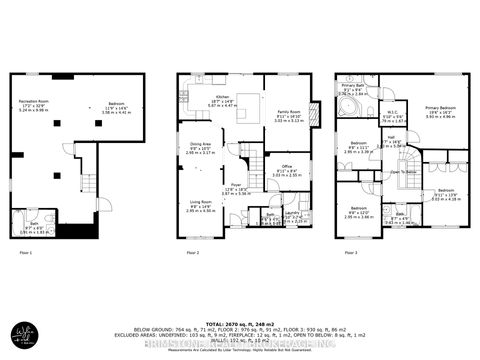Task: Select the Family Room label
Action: point(288,112)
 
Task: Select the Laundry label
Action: point(292,212)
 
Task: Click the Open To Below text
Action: point(403,171)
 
